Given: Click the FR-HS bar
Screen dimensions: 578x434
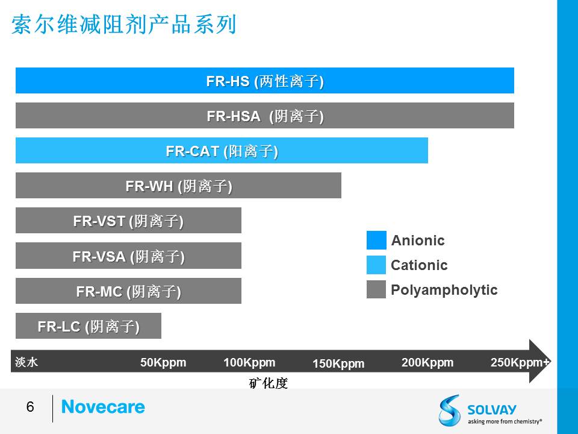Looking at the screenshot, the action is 265,80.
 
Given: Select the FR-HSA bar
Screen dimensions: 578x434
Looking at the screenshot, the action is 265,116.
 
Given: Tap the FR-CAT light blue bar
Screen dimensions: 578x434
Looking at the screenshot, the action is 222,151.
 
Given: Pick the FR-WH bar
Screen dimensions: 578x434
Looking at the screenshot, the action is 178,185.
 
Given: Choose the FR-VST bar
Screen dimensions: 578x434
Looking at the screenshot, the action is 128,221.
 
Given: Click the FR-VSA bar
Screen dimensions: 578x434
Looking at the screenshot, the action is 128,256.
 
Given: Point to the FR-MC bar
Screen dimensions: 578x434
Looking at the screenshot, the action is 128,291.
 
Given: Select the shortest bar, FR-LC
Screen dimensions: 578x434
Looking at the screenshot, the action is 89,326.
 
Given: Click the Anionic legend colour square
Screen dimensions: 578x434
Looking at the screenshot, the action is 376,241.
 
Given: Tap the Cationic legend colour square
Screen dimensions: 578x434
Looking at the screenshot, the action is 376,265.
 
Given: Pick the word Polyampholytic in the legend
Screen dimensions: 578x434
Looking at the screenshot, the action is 444,290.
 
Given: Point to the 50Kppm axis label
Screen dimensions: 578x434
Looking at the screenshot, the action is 163,362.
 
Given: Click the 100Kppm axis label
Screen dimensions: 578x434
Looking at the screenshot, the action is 249,362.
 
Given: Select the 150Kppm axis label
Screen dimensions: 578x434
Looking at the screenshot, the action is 338,363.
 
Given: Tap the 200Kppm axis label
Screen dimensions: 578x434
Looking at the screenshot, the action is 427,362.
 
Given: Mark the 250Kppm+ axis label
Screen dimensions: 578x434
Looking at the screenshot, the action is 520,362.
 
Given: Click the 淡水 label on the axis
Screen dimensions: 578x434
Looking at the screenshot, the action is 26,362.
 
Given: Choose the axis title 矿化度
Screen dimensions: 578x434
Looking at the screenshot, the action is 269,383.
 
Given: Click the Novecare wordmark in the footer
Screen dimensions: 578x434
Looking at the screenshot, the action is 103,407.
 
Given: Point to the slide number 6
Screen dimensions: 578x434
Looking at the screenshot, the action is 30,407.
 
